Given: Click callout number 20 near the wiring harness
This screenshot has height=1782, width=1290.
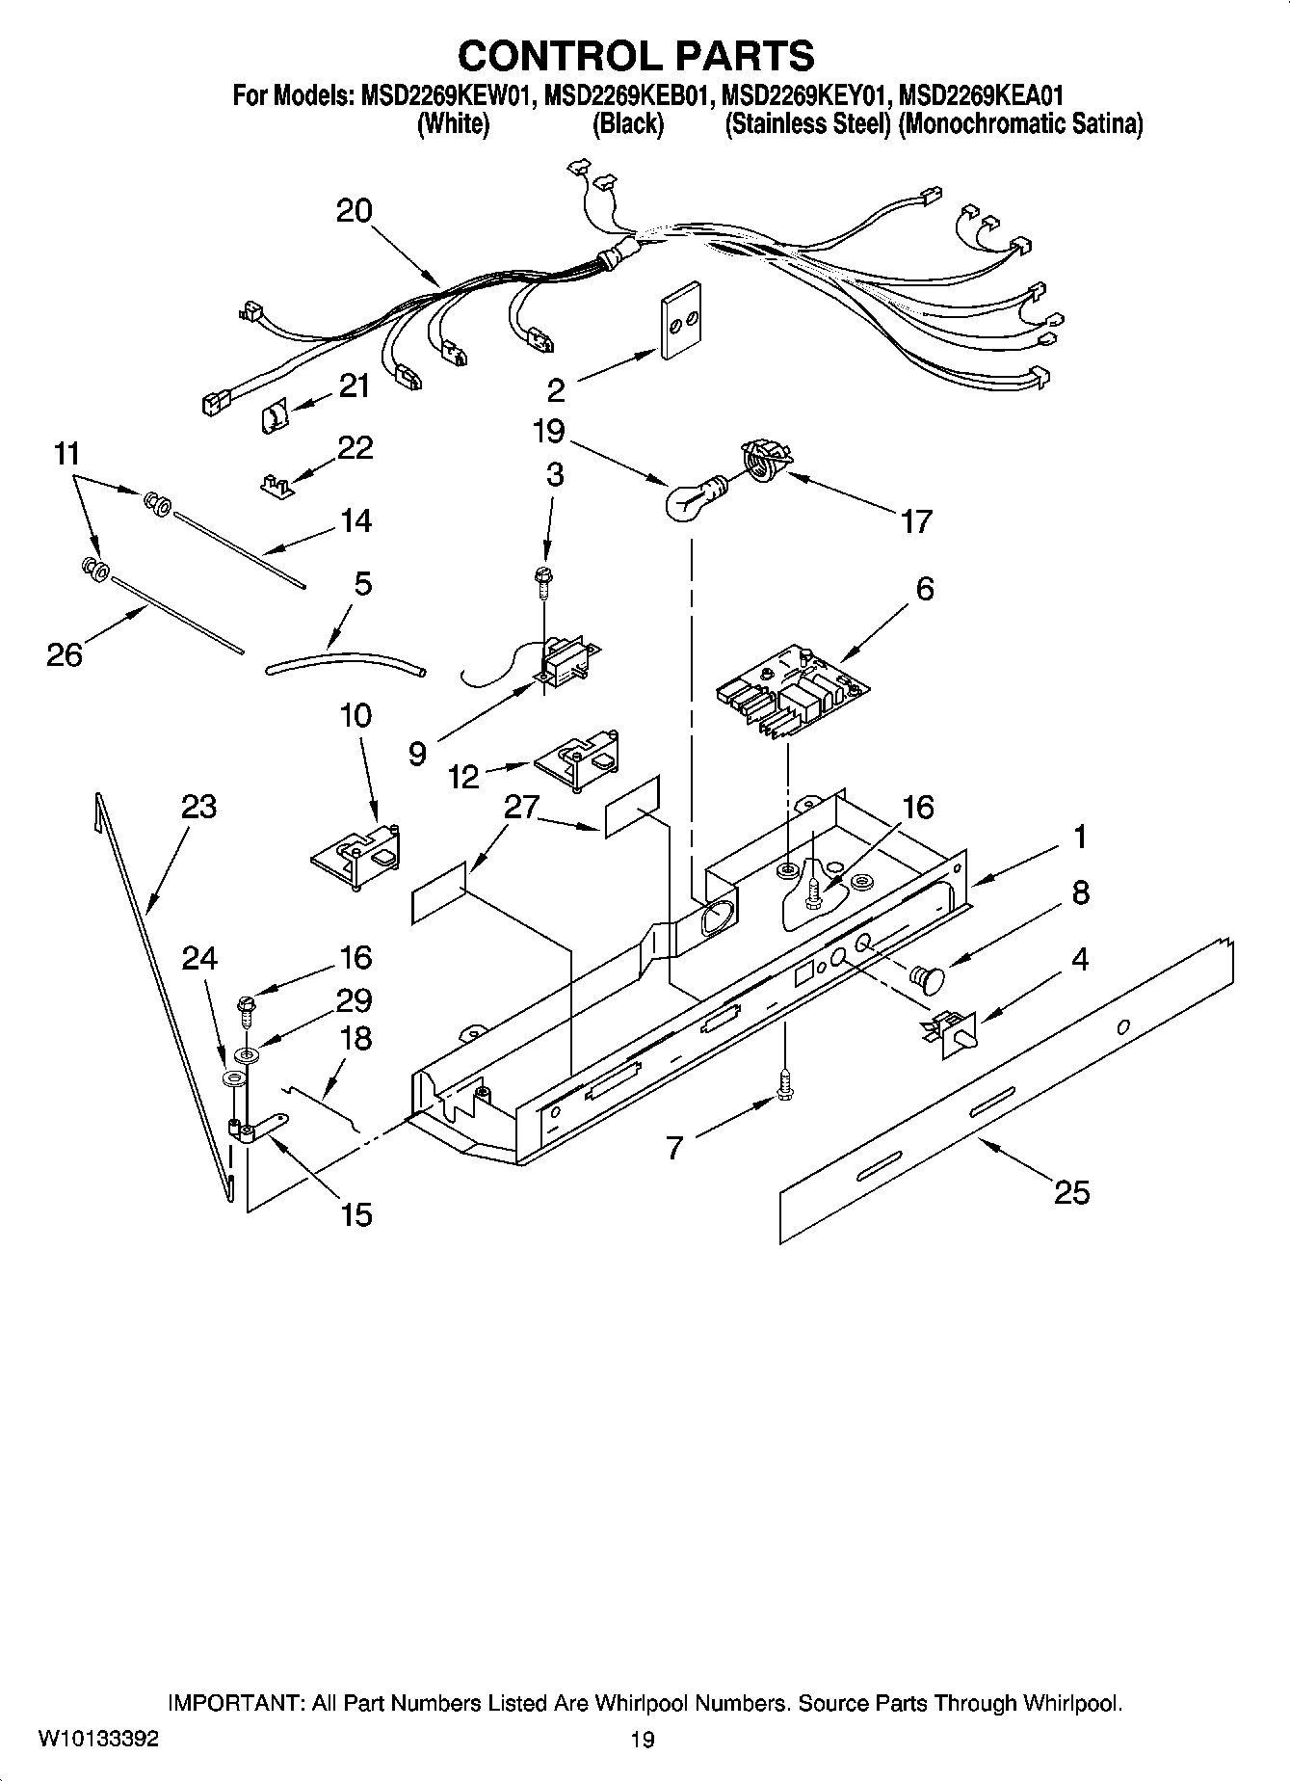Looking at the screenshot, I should click(354, 211).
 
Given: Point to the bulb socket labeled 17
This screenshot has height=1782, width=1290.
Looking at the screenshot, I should click(764, 458).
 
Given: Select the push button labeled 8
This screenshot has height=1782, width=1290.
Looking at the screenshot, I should click(929, 979).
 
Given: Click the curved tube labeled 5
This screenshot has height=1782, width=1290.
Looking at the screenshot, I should click(344, 660).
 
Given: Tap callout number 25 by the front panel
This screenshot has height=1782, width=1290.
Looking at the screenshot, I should click(1071, 1193).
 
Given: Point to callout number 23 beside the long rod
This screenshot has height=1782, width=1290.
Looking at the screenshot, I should click(198, 807).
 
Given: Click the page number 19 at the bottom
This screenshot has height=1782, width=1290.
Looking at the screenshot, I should click(643, 1740).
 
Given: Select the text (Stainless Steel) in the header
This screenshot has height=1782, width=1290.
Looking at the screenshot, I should click(807, 124).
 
